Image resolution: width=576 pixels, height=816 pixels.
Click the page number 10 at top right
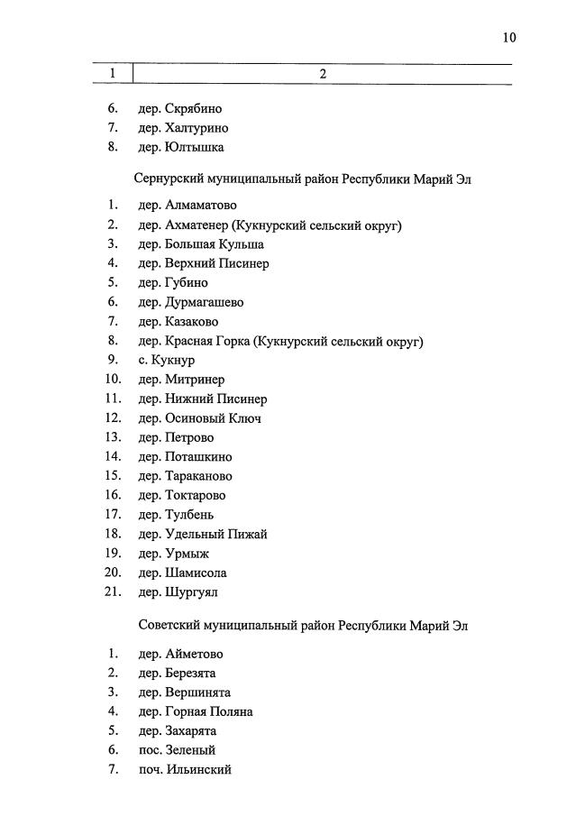[x=509, y=38]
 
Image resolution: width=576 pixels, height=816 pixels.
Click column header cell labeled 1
[x=113, y=74]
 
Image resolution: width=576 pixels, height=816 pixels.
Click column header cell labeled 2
[x=323, y=74]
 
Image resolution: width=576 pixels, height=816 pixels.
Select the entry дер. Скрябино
[x=179, y=109]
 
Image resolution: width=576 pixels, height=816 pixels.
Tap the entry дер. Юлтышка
[x=180, y=147]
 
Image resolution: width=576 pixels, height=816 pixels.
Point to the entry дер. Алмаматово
[x=187, y=206]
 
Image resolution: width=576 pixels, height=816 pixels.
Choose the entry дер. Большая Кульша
[x=200, y=244]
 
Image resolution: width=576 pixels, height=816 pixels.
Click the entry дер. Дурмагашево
[x=190, y=302]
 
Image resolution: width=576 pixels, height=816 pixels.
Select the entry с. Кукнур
[x=167, y=360]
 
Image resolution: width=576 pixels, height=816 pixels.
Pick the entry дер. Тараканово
[x=185, y=476]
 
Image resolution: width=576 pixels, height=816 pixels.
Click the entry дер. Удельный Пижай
[x=202, y=534]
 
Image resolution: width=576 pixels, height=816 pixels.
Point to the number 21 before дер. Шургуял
[x=112, y=592]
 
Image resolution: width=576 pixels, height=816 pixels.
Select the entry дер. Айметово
[x=180, y=654]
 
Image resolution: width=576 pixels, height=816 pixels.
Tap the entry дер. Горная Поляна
[x=195, y=711]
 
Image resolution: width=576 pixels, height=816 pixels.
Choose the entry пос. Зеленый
[x=177, y=750]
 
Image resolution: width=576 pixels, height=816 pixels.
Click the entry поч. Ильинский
[x=185, y=770]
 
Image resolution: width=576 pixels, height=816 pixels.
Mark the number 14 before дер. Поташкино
[x=112, y=457]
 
